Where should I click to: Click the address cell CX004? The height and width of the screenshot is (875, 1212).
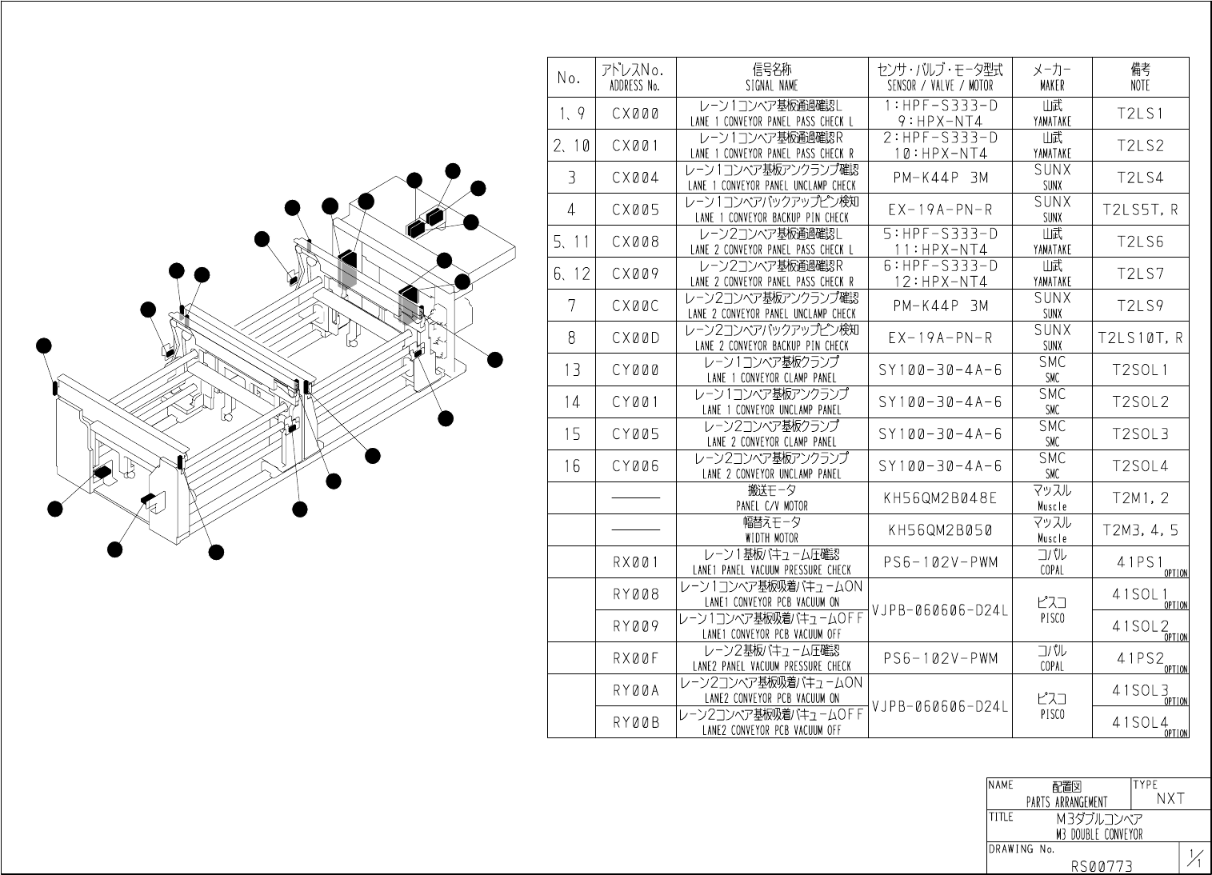click(x=635, y=178)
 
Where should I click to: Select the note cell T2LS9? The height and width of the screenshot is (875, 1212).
click(x=1140, y=306)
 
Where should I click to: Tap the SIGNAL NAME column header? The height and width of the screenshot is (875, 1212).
click(x=771, y=78)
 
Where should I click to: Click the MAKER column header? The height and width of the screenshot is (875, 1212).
click(x=1052, y=78)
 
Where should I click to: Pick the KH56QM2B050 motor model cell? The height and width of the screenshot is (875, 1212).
click(x=940, y=529)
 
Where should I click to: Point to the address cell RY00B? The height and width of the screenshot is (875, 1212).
click(x=635, y=722)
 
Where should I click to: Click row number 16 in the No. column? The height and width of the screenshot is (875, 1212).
click(x=571, y=465)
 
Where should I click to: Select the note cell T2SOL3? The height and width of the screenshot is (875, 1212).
click(x=1140, y=434)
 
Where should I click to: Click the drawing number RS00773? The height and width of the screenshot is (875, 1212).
click(x=1102, y=865)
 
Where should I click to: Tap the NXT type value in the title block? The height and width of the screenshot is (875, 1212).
click(x=1170, y=798)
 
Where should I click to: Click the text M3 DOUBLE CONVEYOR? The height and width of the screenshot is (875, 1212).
click(x=1099, y=834)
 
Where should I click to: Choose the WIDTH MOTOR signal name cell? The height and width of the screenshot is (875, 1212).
click(x=771, y=529)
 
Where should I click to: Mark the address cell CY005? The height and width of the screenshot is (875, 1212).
click(x=635, y=434)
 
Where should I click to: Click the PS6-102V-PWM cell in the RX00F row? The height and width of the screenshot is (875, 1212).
click(x=940, y=658)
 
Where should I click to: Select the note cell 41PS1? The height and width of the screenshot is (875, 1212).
click(x=1140, y=562)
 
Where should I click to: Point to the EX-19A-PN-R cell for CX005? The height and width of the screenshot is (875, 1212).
click(x=940, y=210)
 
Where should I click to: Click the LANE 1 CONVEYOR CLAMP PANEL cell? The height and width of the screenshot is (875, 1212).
click(x=771, y=370)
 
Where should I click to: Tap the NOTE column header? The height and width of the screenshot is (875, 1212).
click(x=1140, y=78)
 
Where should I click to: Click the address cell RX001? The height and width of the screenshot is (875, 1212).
click(x=635, y=562)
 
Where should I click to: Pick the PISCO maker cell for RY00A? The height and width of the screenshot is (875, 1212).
click(x=1052, y=705)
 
